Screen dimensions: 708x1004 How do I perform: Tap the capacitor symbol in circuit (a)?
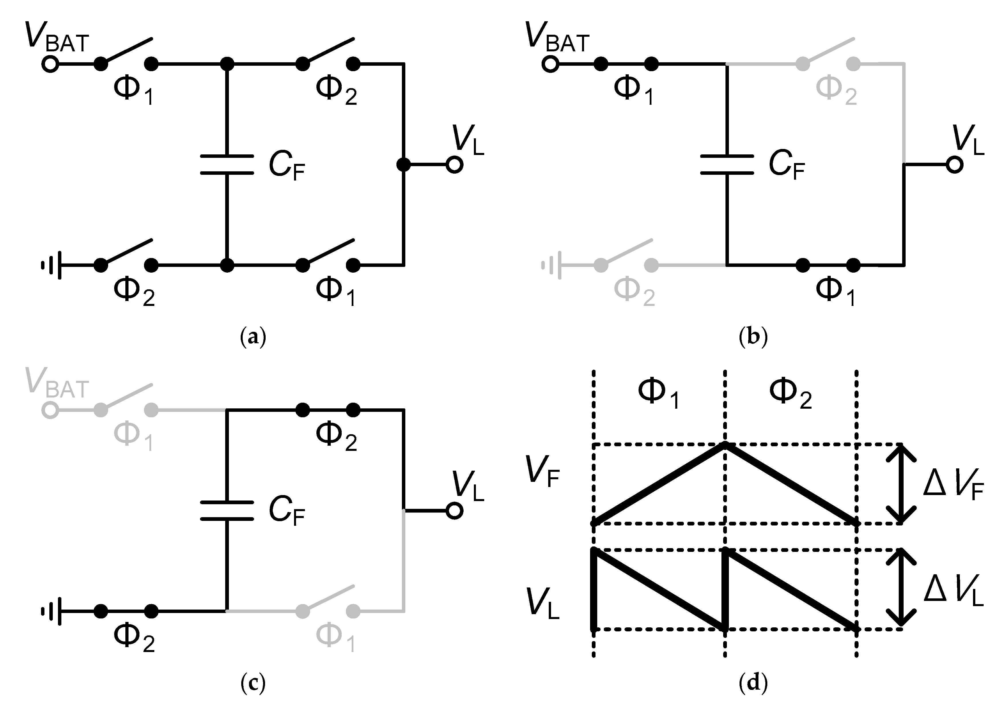[x=227, y=164]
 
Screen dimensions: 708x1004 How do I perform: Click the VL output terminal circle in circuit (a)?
[x=454, y=165]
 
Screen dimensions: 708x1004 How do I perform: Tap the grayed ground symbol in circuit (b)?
[x=552, y=265]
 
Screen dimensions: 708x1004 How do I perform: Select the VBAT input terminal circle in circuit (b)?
[x=550, y=64]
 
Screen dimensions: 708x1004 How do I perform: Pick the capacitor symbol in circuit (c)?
[x=227, y=511]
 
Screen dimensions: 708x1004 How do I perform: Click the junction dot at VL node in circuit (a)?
[x=403, y=165]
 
